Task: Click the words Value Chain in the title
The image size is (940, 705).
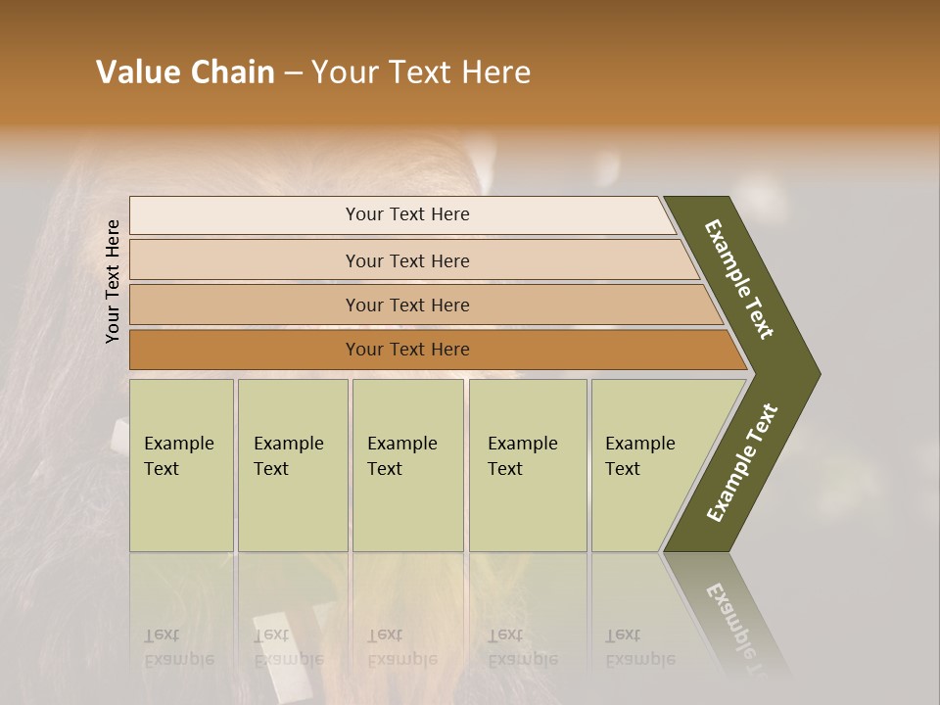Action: click(185, 72)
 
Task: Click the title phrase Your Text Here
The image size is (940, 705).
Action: click(421, 72)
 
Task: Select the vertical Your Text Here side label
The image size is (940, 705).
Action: click(113, 281)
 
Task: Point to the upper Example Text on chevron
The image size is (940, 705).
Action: click(739, 279)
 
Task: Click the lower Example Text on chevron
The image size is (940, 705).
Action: click(742, 463)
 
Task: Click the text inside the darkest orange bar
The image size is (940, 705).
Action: click(407, 350)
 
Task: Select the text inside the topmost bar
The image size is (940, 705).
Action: click(407, 214)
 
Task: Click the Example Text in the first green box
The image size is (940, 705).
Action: click(178, 456)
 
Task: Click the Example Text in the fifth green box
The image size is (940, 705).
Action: click(639, 456)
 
